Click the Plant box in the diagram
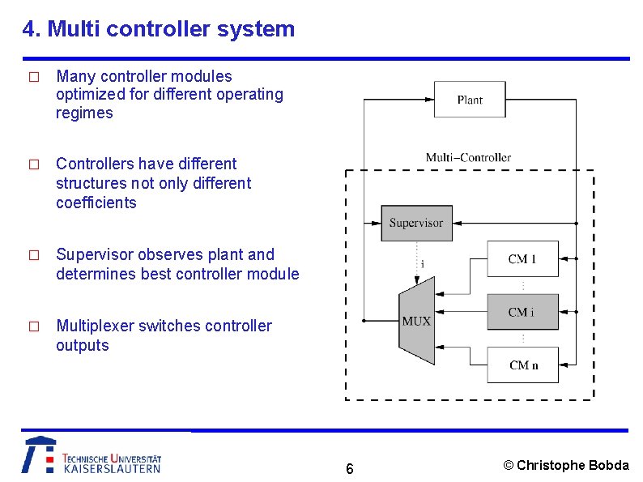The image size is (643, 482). [x=470, y=100]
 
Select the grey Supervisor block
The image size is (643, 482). [x=416, y=223]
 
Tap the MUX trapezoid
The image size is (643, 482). [x=416, y=321]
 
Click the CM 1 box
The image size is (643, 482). [x=522, y=259]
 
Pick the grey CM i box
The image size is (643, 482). [x=522, y=312]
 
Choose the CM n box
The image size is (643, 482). [x=522, y=365]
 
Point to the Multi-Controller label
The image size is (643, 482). [x=468, y=157]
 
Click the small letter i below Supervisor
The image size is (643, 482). [x=422, y=264]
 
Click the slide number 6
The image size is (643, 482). [x=349, y=469]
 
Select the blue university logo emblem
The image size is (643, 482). [x=39, y=455]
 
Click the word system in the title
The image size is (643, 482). [x=257, y=30]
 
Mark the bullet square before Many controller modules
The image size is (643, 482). [x=33, y=78]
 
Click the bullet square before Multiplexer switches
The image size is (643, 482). [x=33, y=327]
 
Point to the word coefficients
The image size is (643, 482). [x=96, y=203]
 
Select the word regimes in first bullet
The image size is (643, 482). [x=84, y=113]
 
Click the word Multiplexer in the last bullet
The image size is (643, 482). [x=94, y=326]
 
